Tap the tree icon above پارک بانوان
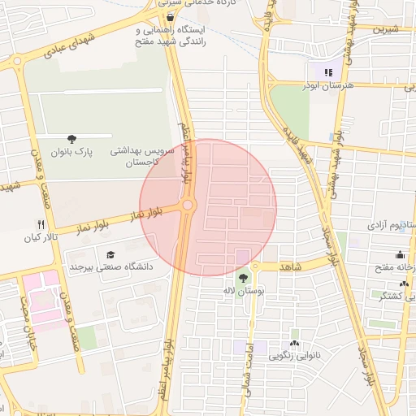click(x=72, y=139)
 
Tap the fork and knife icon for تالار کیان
click(x=41, y=224)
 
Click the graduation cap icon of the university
click(x=111, y=254)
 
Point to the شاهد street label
click(x=290, y=266)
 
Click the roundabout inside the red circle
click(x=188, y=206)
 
